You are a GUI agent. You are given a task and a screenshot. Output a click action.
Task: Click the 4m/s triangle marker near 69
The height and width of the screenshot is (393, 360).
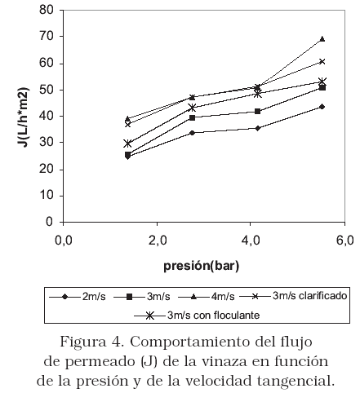coord(322,39)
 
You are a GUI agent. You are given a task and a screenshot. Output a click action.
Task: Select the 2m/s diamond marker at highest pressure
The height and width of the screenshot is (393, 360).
coord(322,107)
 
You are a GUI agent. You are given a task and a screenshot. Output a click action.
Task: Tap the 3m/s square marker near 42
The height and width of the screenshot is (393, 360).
coord(257,111)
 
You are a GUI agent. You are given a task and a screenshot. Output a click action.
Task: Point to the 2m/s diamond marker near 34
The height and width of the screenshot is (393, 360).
coord(192,133)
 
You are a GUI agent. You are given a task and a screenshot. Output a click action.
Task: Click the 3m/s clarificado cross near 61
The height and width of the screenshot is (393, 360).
coord(322,61)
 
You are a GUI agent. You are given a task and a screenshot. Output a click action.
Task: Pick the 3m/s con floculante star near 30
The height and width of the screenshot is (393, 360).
coord(127,144)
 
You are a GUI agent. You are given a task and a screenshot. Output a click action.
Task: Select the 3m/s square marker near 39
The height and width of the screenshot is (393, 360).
coord(192,117)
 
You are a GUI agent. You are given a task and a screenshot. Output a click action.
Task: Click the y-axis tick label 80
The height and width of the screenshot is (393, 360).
coord(46,10)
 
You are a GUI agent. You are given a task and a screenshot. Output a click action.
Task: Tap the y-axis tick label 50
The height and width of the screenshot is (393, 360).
coord(46,90)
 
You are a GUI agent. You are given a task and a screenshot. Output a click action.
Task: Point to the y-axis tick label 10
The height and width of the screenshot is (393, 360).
coord(46,196)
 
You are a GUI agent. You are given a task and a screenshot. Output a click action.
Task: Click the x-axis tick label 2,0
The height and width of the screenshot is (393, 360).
coord(158,241)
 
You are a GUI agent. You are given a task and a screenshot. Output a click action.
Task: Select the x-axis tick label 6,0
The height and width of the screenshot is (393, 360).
coord(345,241)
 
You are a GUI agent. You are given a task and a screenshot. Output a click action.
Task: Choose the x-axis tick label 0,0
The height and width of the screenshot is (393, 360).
coord(64,241)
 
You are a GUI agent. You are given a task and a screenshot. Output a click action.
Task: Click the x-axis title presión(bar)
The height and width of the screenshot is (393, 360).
coord(202,265)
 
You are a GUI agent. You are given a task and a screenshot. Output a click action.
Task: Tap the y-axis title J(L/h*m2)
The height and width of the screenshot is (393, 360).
coord(24,117)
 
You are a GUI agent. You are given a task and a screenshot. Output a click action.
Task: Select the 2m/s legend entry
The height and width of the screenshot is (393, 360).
coord(77,297)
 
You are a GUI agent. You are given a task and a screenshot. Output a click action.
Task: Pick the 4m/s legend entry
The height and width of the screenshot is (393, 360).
coord(206,297)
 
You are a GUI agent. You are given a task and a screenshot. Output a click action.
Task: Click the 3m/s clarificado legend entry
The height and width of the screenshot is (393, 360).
coord(293,296)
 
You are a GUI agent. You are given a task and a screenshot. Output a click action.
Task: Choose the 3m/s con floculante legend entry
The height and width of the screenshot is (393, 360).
coord(197,316)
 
